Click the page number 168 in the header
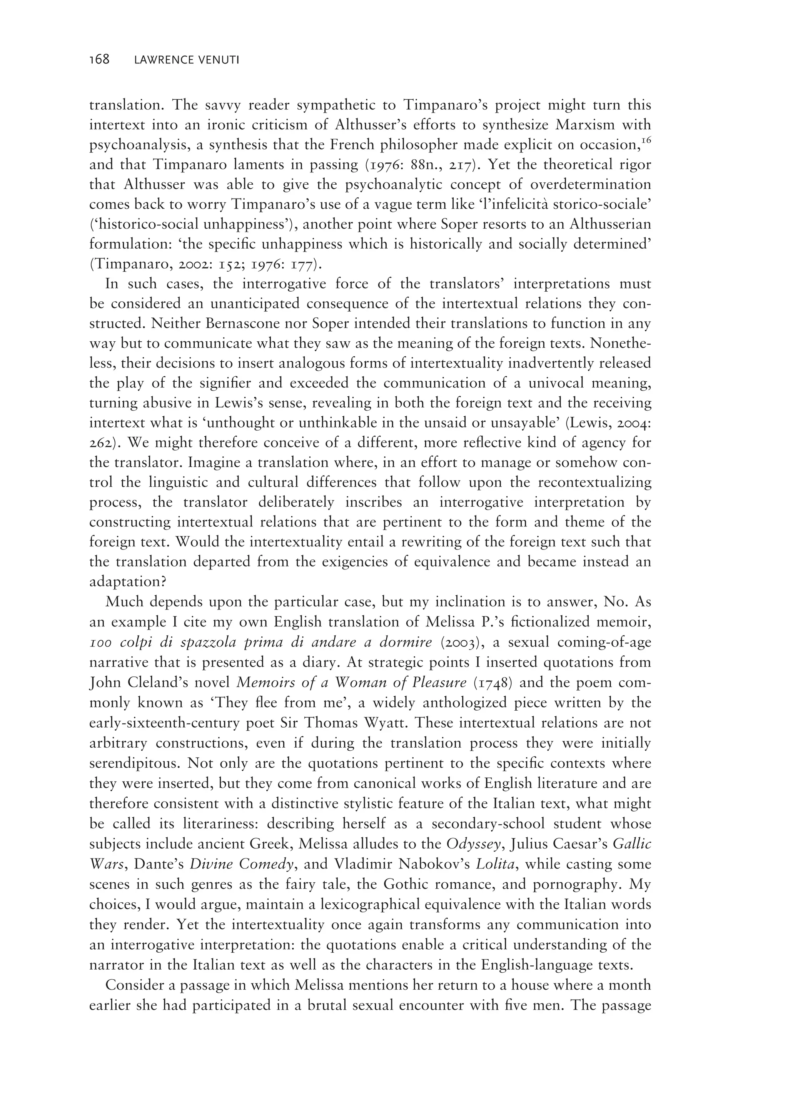pos(100,60)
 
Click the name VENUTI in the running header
pos(216,61)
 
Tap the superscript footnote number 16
pos(645,141)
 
